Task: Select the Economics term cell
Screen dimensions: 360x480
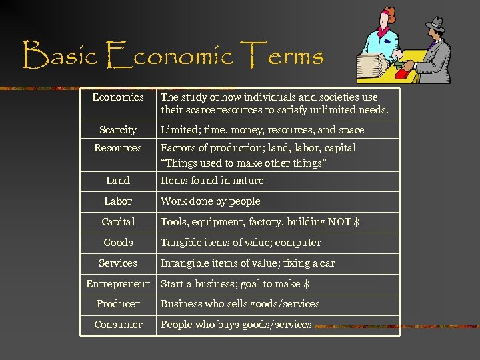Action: coord(118,97)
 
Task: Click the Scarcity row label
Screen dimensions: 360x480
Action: coord(118,130)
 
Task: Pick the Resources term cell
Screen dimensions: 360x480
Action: coord(118,147)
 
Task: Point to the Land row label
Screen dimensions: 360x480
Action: coord(118,180)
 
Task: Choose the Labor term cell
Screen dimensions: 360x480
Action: coord(118,201)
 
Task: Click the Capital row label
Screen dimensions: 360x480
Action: coord(118,221)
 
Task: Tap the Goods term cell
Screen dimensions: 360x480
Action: coord(118,242)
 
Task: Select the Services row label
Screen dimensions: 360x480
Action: coord(118,263)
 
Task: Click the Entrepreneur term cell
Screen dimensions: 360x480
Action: coord(118,283)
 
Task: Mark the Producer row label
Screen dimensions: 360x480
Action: coord(118,303)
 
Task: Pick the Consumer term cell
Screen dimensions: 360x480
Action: coord(118,324)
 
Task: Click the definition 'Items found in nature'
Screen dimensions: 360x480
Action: coord(212,180)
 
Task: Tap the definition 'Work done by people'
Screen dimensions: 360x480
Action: coord(211,201)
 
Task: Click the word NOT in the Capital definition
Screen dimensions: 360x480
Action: coord(339,221)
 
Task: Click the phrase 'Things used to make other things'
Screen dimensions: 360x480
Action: coord(243,162)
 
